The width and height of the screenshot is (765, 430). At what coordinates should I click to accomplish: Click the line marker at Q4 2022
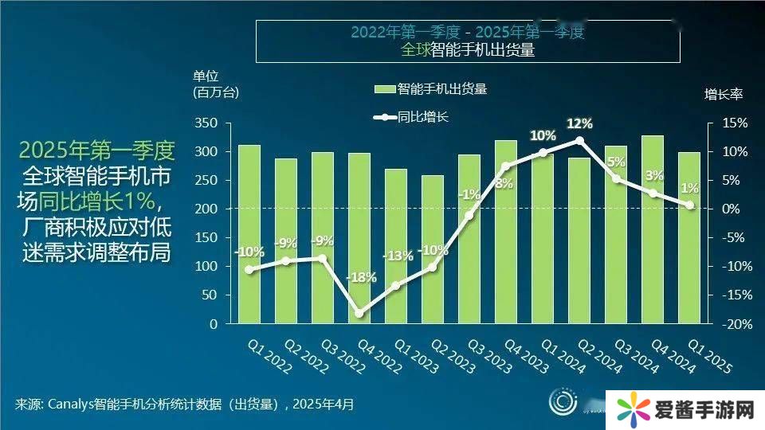click(359, 313)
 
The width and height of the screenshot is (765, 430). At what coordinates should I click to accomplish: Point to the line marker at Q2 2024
click(579, 140)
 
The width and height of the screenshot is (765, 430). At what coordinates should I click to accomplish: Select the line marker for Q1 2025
click(690, 205)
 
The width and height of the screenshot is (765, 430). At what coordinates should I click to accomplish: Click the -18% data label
click(361, 277)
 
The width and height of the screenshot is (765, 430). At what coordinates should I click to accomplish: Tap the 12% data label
click(579, 123)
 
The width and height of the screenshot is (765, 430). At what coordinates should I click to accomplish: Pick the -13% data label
click(398, 256)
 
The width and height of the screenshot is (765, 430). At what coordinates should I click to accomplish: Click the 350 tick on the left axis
click(206, 123)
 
